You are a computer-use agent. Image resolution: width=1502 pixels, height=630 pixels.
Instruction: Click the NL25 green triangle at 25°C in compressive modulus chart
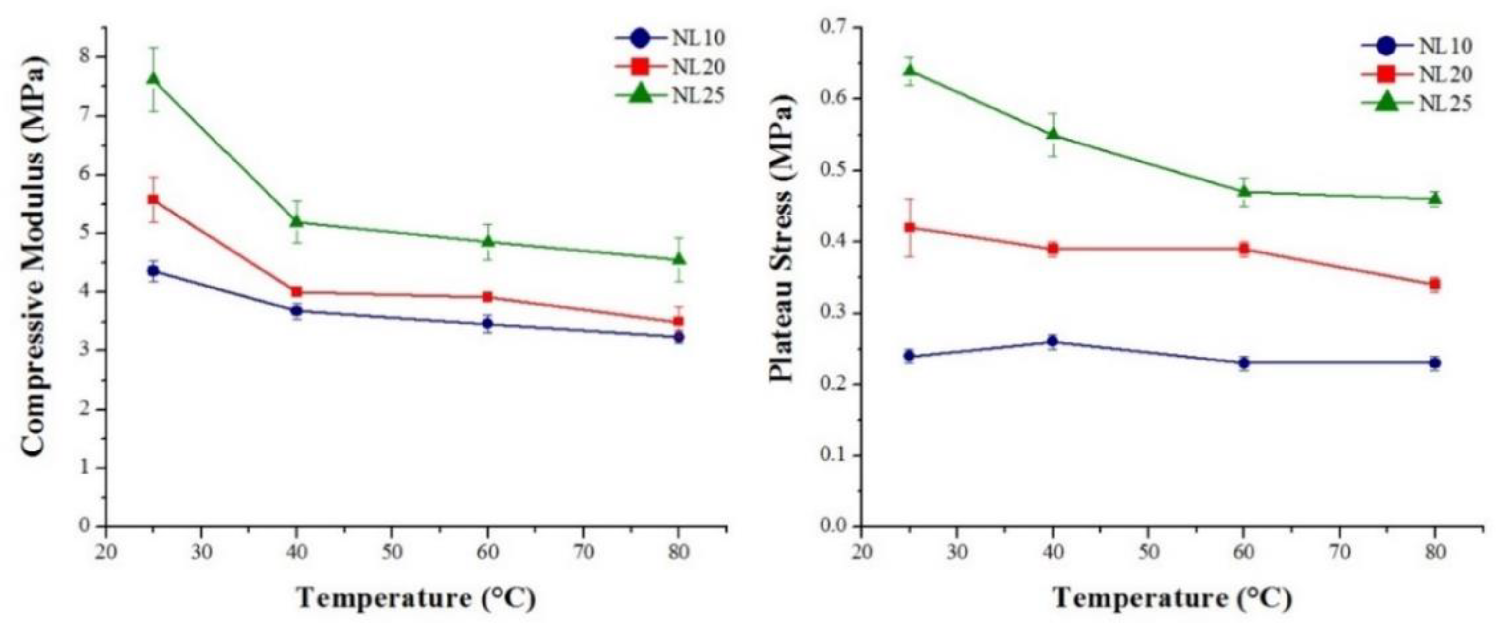[x=153, y=78]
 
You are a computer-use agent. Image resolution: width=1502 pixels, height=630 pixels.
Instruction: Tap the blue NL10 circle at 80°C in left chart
[x=678, y=337]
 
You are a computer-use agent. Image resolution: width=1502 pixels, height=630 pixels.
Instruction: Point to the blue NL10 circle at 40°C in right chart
[x=1053, y=341]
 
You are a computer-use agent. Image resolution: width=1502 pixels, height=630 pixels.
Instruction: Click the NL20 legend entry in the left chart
[x=671, y=67]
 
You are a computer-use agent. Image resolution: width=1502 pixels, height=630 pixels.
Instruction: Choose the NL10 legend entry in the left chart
[x=671, y=38]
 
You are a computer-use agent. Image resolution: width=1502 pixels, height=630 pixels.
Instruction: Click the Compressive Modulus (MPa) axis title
[x=34, y=257]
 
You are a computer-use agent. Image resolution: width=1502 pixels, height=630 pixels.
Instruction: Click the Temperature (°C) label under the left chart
[x=416, y=598]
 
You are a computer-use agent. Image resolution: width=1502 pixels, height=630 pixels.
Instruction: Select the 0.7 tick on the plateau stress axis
[x=835, y=27]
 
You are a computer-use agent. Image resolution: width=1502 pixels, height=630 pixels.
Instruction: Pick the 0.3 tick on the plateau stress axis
[x=835, y=313]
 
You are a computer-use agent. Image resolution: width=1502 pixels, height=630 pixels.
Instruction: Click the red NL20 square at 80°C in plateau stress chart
[x=1435, y=284]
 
